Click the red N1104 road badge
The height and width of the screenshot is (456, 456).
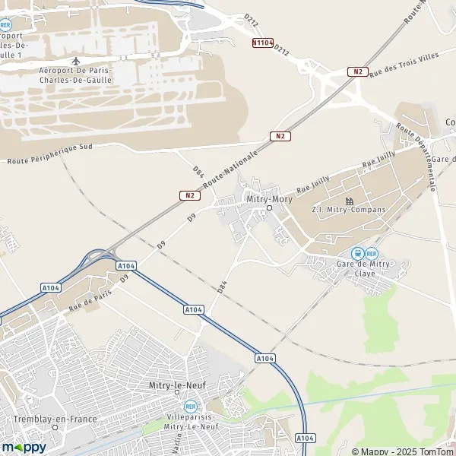[x=262, y=43]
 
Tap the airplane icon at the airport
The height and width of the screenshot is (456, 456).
[x=74, y=61]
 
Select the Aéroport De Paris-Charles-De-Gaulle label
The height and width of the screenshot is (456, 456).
[x=74, y=74]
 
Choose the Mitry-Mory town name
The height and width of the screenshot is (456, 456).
[x=269, y=199]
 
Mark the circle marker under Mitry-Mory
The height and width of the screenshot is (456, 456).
[x=269, y=207]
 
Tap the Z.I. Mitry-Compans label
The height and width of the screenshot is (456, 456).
[x=349, y=210]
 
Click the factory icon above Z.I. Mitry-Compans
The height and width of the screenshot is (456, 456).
[x=350, y=201]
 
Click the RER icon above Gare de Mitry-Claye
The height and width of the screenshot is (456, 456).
[x=372, y=253]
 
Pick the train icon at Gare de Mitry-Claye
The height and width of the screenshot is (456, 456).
[x=356, y=253]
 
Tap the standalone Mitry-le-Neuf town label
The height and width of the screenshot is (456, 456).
[x=178, y=386]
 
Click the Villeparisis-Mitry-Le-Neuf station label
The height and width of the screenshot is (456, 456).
[x=191, y=422]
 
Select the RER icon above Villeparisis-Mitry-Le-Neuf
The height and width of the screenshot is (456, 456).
[x=190, y=406]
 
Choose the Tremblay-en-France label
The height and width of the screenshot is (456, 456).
[x=46, y=419]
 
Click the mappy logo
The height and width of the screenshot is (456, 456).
[x=24, y=447]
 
